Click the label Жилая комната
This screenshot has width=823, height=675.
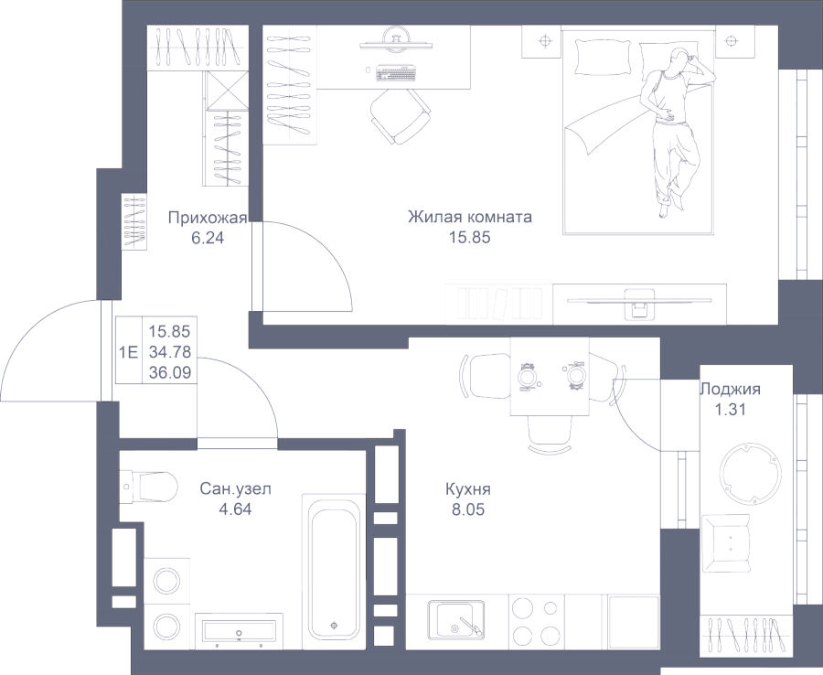pyautogui.click(x=470, y=217)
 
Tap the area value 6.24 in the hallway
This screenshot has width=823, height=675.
pyautogui.click(x=208, y=238)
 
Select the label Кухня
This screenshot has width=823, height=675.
pyautogui.click(x=467, y=489)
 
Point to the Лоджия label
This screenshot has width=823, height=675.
pyautogui.click(x=730, y=389)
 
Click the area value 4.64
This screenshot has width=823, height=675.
pyautogui.click(x=235, y=509)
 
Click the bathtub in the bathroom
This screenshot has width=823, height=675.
pyautogui.click(x=334, y=570)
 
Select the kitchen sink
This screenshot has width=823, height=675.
pyautogui.click(x=455, y=620)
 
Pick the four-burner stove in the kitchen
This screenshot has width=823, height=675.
pyautogui.click(x=536, y=621)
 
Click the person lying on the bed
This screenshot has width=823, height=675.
pyautogui.click(x=672, y=129)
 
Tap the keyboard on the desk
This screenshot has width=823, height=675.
pyautogui.click(x=396, y=73)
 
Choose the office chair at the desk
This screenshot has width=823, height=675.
pyautogui.click(x=401, y=114)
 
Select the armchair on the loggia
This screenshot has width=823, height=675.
pyautogui.click(x=726, y=544)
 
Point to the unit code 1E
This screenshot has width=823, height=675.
pyautogui.click(x=128, y=351)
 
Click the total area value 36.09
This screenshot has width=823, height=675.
pyautogui.click(x=170, y=372)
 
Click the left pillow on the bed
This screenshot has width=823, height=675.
pyautogui.click(x=603, y=57)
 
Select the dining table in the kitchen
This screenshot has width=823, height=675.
pyautogui.click(x=550, y=376)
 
